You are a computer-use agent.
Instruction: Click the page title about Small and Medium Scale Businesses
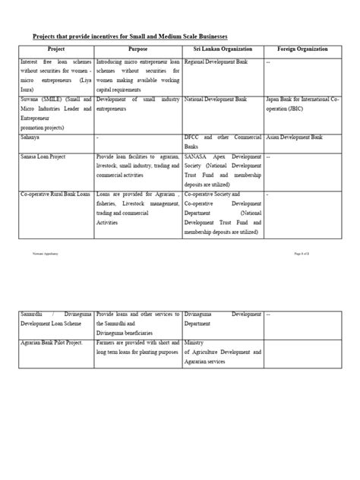(131, 36)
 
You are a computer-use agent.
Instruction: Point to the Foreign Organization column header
(303, 49)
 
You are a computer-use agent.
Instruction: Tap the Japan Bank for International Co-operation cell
(303, 103)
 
